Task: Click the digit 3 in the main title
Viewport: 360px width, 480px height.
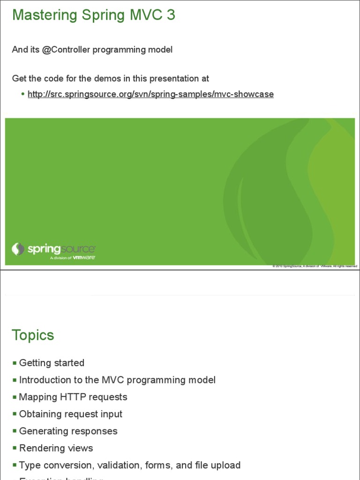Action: [x=170, y=15]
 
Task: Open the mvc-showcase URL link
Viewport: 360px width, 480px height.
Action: [x=150, y=94]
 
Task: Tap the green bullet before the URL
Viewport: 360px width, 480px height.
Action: [x=22, y=94]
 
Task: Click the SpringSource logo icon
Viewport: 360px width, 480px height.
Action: [x=18, y=249]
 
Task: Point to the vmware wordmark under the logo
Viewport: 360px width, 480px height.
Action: [x=84, y=257]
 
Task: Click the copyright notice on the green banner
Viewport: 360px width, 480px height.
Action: [x=315, y=266]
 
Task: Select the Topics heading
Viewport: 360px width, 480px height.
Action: [x=33, y=335]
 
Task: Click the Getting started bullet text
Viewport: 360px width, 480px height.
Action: [x=52, y=363]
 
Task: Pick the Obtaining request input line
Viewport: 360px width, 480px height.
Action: [x=70, y=414]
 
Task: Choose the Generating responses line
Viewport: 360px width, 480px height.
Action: [x=68, y=431]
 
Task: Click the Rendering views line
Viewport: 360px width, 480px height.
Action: [x=56, y=448]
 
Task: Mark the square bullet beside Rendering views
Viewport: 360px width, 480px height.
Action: [x=15, y=449]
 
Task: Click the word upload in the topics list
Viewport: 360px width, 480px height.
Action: [x=226, y=465]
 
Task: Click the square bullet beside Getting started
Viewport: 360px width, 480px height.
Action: [x=15, y=363]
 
